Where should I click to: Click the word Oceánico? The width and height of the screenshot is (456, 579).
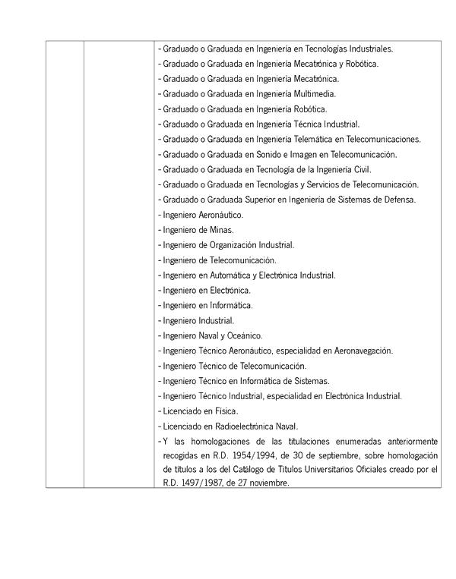click(x=243, y=335)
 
